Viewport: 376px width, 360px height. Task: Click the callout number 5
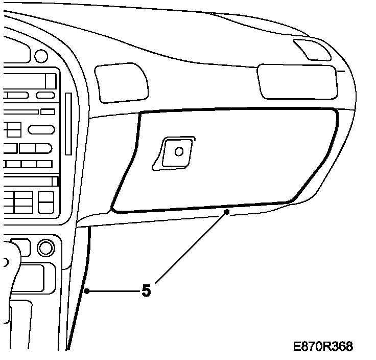pyautogui.click(x=147, y=291)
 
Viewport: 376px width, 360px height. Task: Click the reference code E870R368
pyautogui.click(x=323, y=347)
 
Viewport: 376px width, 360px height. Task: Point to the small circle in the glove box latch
pyautogui.click(x=179, y=151)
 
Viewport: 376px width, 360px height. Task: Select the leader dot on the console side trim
pyautogui.click(x=87, y=291)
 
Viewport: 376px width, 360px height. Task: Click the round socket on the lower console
pyautogui.click(x=45, y=248)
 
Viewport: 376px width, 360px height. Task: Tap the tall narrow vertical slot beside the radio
pyautogui.click(x=68, y=124)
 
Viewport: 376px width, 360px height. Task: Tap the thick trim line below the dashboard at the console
pyautogui.click(x=82, y=286)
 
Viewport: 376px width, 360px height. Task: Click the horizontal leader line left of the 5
pyautogui.click(x=113, y=291)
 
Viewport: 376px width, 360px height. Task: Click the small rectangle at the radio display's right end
pyautogui.click(x=50, y=81)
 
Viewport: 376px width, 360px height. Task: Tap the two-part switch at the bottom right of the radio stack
pyautogui.click(x=46, y=202)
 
